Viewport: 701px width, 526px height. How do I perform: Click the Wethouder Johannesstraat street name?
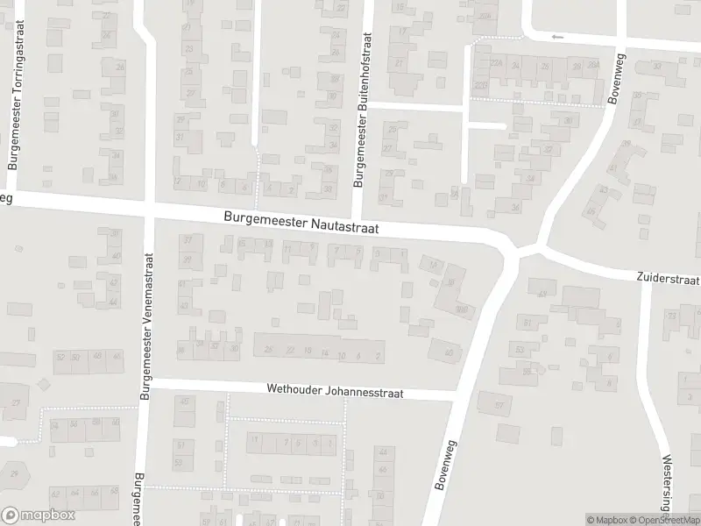pyautogui.click(x=335, y=393)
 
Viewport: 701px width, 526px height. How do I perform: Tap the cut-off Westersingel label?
pyautogui.click(x=669, y=483)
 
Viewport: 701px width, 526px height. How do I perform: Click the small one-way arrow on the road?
pyautogui.click(x=557, y=37)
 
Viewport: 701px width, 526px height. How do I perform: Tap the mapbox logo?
pyautogui.click(x=38, y=515)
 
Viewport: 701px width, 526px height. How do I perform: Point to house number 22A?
pyautogui.click(x=496, y=64)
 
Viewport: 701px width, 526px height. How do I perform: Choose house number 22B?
pyautogui.click(x=479, y=84)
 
